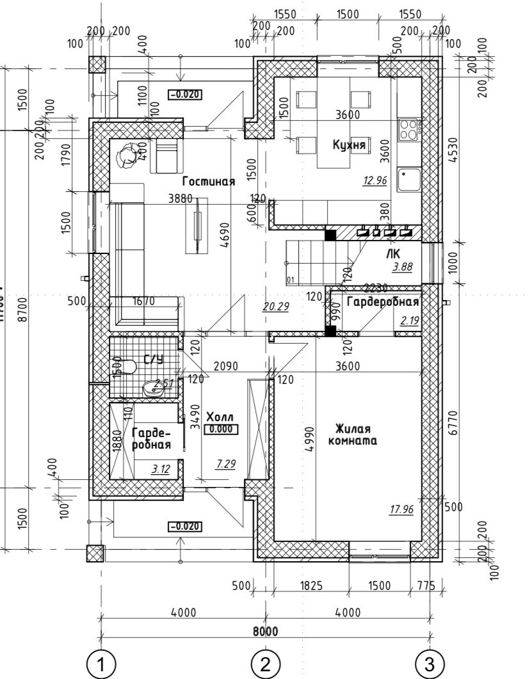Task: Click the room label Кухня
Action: pyautogui.click(x=349, y=145)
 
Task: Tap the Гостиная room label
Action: pyautogui.click(x=208, y=181)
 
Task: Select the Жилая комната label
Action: pyautogui.click(x=351, y=435)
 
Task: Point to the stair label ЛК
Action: pyautogui.click(x=393, y=253)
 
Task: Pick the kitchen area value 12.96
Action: pyautogui.click(x=375, y=180)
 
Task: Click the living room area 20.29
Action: pyautogui.click(x=275, y=307)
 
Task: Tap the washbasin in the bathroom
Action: pyautogui.click(x=154, y=387)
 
